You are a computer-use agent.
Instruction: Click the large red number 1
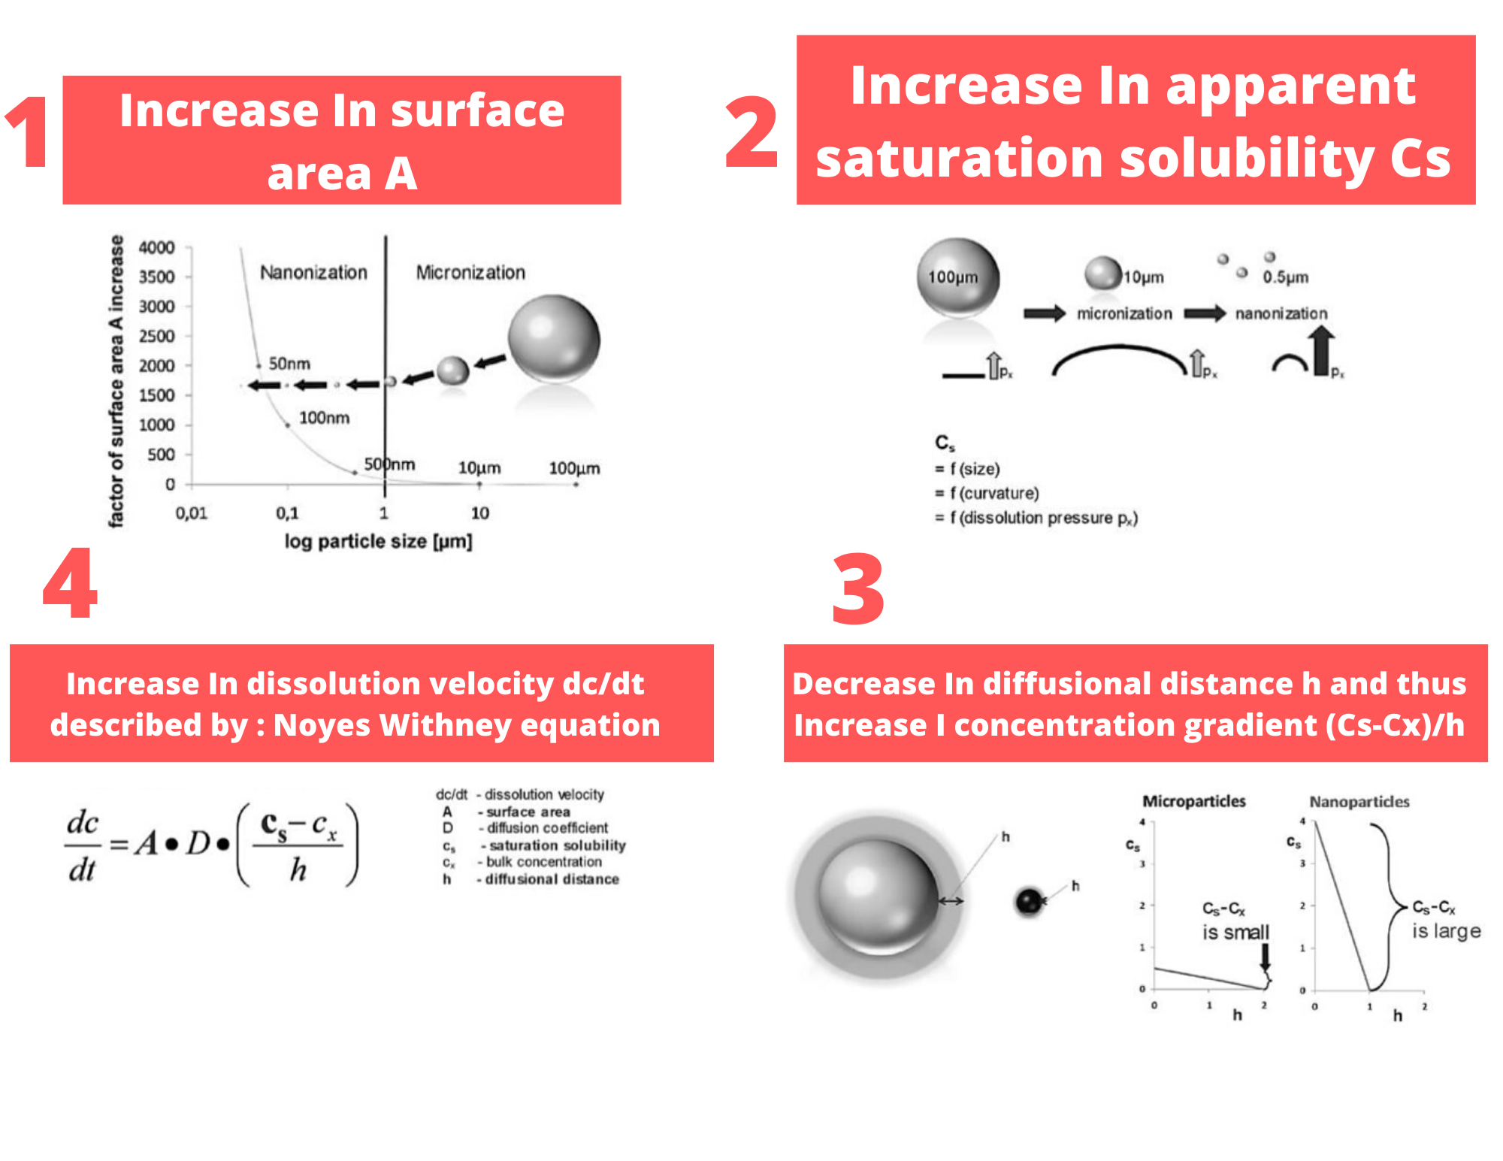tap(30, 132)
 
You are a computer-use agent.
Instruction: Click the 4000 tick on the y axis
tap(156, 247)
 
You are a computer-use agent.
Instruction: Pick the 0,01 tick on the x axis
tap(191, 513)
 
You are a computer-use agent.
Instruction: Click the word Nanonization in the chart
tap(313, 272)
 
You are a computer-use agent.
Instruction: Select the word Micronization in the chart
tap(470, 272)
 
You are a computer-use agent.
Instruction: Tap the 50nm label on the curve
tap(289, 364)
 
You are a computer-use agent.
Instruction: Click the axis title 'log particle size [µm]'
tap(378, 541)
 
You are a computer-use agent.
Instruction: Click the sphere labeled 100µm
tap(958, 277)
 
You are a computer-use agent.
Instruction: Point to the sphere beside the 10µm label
tap(1102, 272)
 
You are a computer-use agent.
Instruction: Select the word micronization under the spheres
tap(1124, 313)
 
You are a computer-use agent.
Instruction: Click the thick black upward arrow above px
tap(1323, 350)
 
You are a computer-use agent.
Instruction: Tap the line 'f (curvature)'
tap(987, 493)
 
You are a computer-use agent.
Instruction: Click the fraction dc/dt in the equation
tap(82, 845)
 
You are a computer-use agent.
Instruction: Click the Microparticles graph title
tap(1194, 801)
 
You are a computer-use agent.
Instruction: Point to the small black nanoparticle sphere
tap(1029, 900)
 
